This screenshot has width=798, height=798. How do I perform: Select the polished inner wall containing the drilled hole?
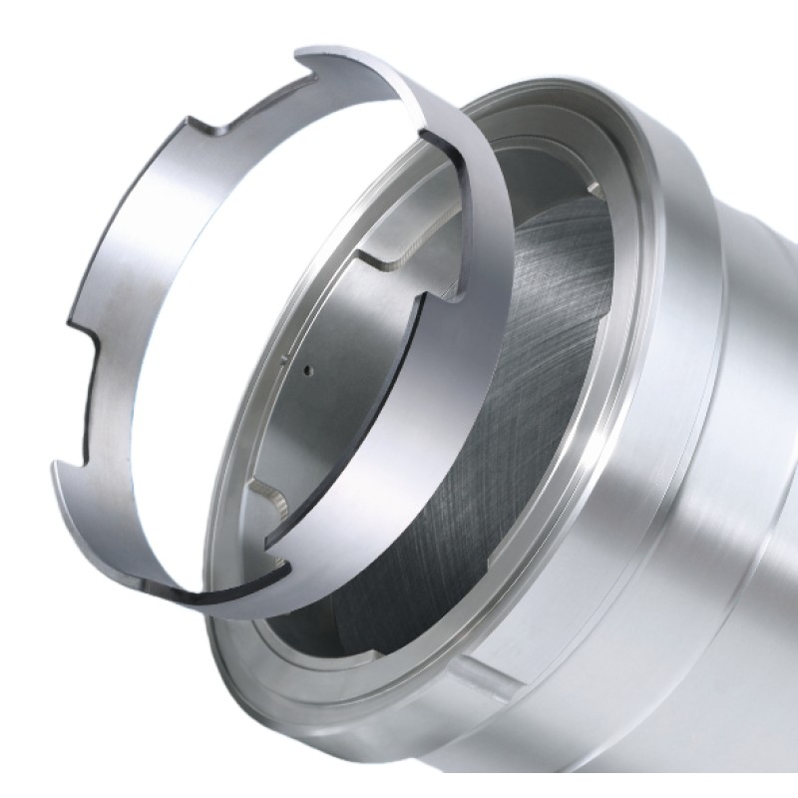tap(339, 399)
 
